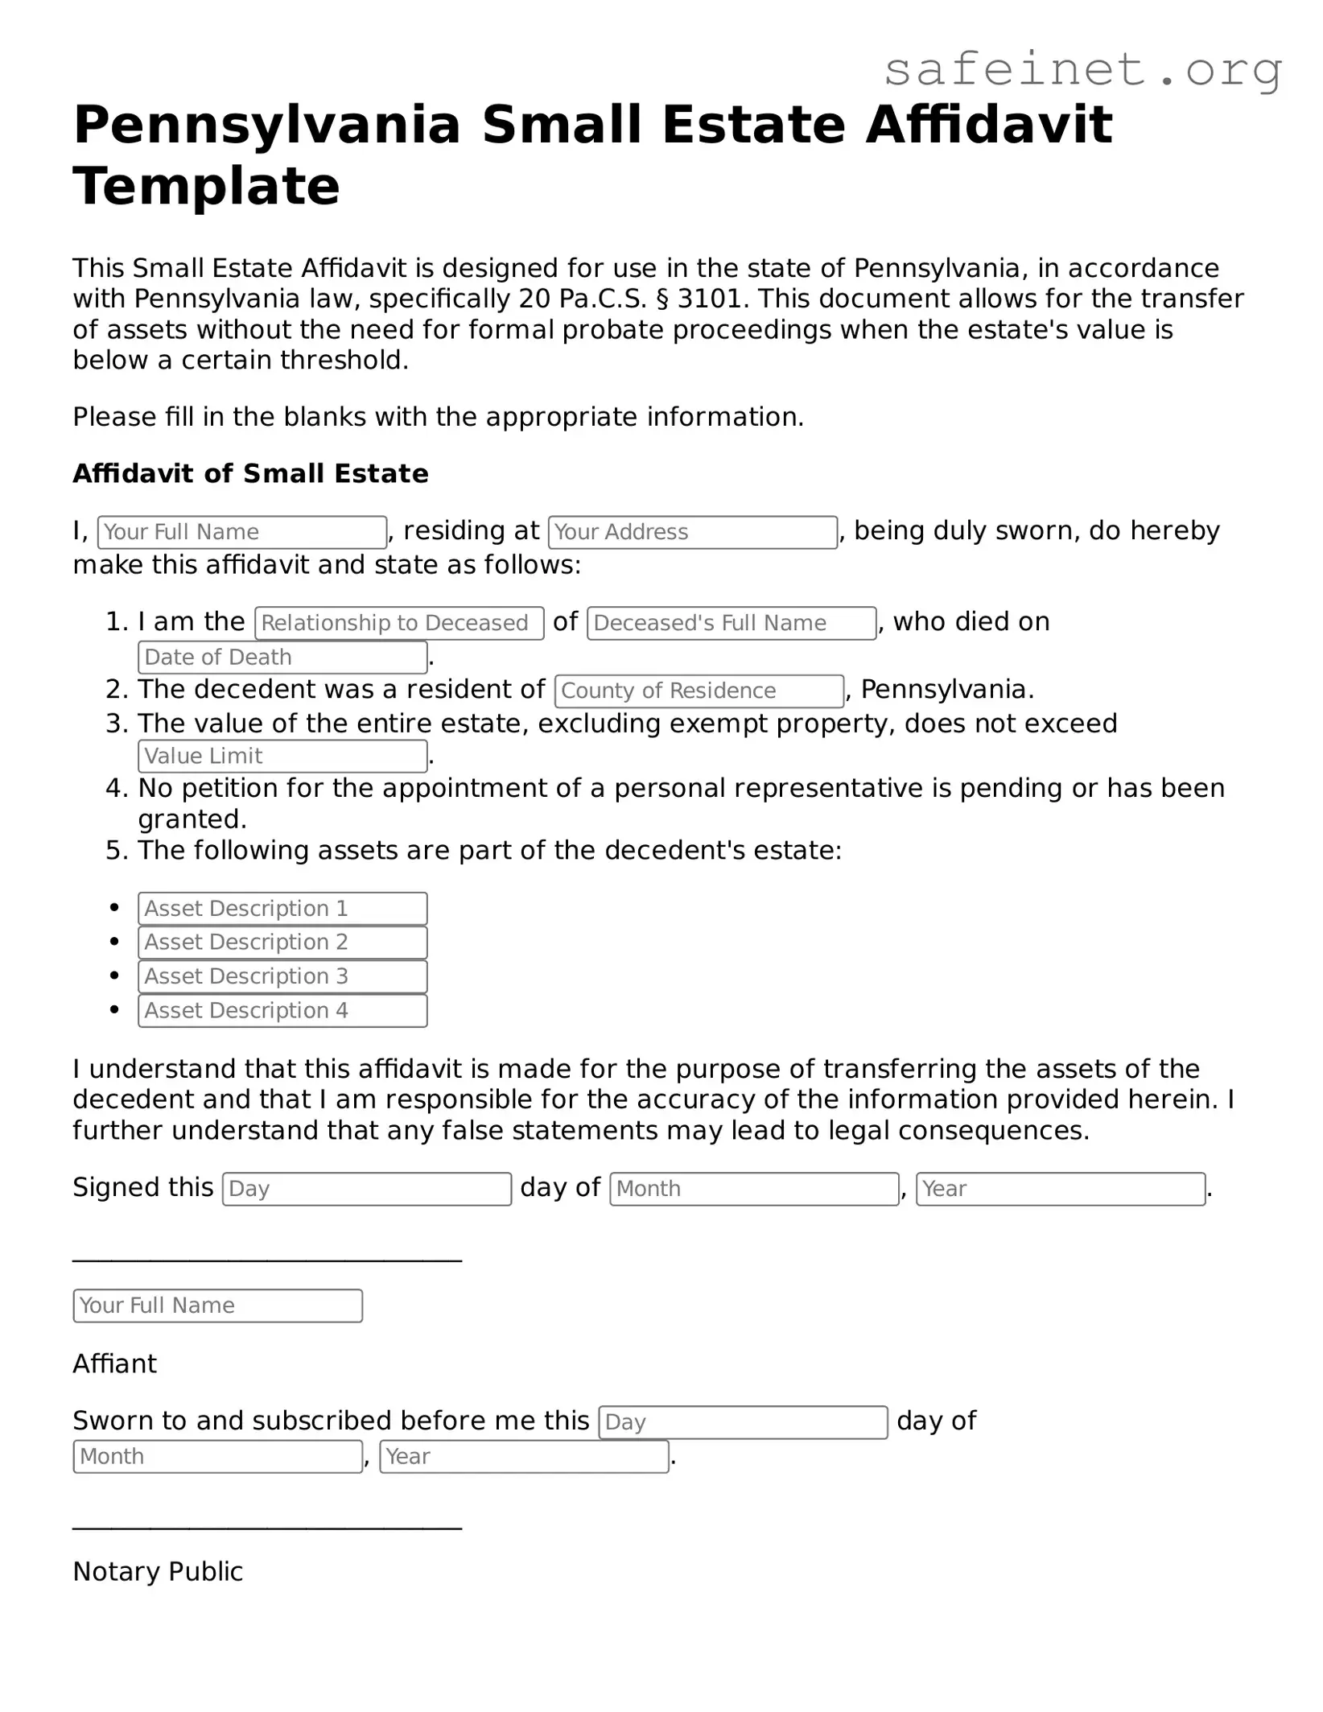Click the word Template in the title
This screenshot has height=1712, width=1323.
pos(206,186)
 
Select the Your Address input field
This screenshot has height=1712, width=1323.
pos(692,532)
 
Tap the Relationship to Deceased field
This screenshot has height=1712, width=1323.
pos(399,623)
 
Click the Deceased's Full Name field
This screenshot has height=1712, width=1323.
pos(732,623)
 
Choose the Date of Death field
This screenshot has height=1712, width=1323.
pos(282,657)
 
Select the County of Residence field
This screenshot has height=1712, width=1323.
pos(699,691)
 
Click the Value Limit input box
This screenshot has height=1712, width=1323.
pos(282,756)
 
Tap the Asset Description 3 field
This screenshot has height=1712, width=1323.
pos(282,976)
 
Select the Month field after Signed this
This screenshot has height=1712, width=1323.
pos(754,1189)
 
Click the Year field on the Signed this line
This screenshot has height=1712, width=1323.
pos(1060,1189)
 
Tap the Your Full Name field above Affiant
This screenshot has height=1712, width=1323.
pos(217,1306)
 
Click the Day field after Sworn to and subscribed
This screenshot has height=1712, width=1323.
pos(743,1422)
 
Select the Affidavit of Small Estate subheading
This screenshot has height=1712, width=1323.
pos(250,473)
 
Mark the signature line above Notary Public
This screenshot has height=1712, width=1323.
pos(266,1525)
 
